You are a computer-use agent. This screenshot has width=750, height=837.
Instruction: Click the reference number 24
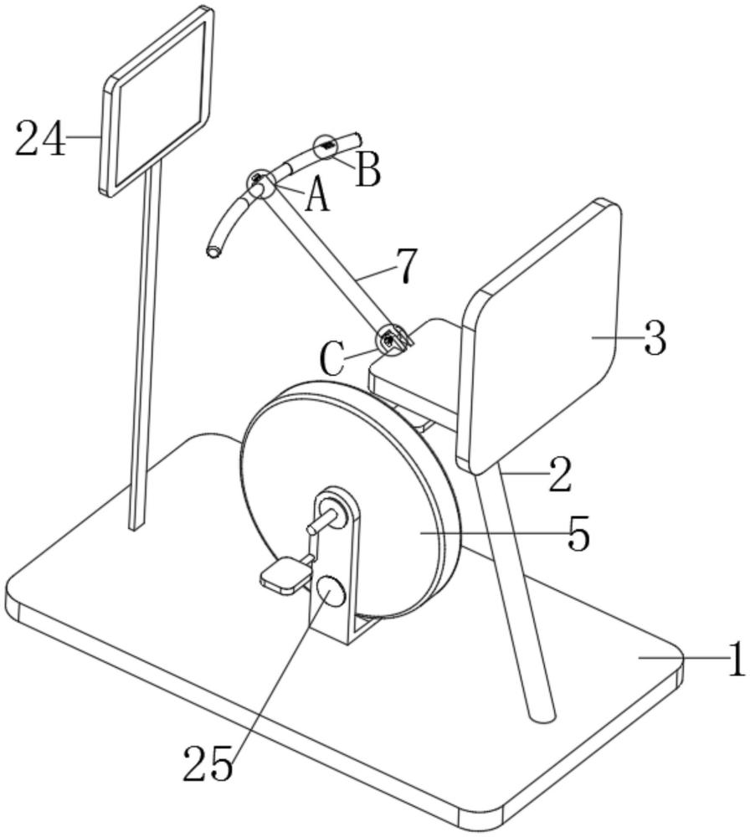pyautogui.click(x=41, y=138)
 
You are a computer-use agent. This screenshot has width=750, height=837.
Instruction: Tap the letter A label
pyautogui.click(x=315, y=198)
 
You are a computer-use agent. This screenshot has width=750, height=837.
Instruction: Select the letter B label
pyautogui.click(x=367, y=170)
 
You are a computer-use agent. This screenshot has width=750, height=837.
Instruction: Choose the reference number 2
pyautogui.click(x=558, y=474)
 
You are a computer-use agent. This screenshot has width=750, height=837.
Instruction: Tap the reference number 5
pyautogui.click(x=578, y=533)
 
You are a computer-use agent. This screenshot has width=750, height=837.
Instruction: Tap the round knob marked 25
pyautogui.click(x=328, y=593)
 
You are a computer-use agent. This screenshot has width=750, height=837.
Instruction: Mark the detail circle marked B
pyautogui.click(x=326, y=147)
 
